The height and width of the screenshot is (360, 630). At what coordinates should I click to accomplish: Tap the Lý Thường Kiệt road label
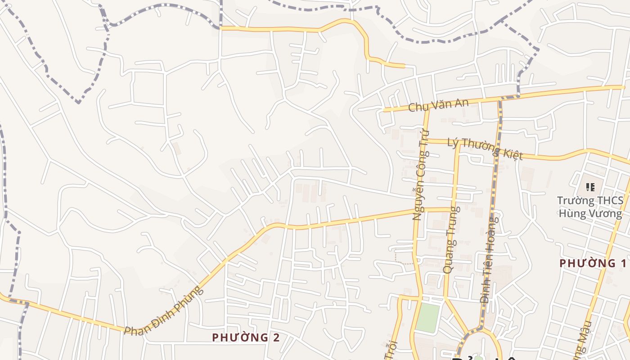(x=485, y=149)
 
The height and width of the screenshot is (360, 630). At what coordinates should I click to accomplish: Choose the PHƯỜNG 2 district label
(x=246, y=337)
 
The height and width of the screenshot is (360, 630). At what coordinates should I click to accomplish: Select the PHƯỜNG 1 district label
(x=593, y=263)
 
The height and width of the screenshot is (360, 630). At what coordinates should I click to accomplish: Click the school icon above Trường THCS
(x=590, y=187)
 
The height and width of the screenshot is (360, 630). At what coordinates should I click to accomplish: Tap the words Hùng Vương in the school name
(x=590, y=213)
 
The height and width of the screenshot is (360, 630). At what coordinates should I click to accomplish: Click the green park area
(x=427, y=318)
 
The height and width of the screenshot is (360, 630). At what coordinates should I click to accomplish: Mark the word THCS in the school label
(x=610, y=201)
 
